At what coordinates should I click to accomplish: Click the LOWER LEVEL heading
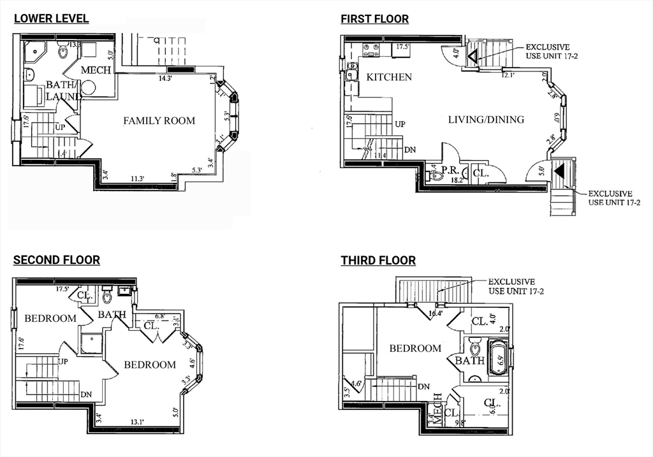[x=51, y=18]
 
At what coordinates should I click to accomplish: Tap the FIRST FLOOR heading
[x=374, y=18]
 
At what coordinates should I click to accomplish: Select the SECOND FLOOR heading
[x=57, y=259]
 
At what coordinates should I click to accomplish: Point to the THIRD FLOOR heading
[x=378, y=260]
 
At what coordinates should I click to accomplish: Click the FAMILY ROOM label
[x=159, y=120]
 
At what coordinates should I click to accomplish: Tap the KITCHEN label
[x=389, y=77]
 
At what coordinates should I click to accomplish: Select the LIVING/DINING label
[x=486, y=119]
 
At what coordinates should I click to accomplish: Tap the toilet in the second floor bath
[x=107, y=296]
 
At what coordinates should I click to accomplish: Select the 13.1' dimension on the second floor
[x=138, y=421]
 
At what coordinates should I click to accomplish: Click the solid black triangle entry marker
[x=560, y=170]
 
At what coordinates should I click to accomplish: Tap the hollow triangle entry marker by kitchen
[x=473, y=58]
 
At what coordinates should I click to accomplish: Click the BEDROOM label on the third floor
[x=415, y=349]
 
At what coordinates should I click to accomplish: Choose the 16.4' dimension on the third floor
[x=436, y=312]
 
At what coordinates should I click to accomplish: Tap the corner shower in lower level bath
[x=35, y=51]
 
